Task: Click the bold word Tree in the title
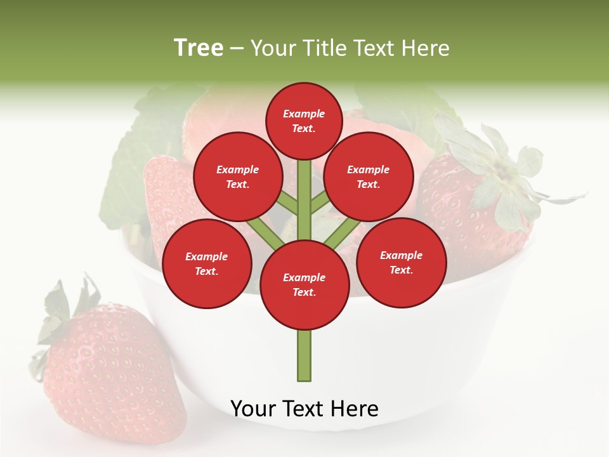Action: pos(199,48)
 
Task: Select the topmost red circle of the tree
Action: pos(304,121)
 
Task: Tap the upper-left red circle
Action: pos(237,176)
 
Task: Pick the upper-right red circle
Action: pos(368,176)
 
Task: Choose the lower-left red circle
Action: pos(207,263)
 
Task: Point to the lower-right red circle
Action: pos(401,262)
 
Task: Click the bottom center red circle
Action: pos(304,284)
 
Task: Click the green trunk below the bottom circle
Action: pos(304,355)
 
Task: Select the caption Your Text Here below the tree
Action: pos(304,409)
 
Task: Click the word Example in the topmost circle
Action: pos(304,114)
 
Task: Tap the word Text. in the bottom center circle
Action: pos(304,292)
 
